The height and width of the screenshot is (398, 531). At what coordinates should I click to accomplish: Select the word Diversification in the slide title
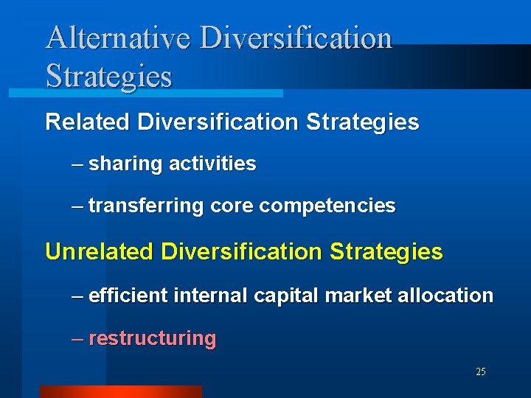tap(296, 38)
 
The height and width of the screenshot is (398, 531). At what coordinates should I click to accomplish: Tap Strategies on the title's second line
tap(108, 76)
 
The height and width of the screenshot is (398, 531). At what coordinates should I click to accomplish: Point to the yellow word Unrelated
tap(100, 252)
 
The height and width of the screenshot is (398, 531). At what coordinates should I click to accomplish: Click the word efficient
tap(128, 296)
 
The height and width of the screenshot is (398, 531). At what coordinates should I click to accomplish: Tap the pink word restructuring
tap(152, 338)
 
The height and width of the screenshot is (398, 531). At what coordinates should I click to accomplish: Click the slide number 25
tap(481, 372)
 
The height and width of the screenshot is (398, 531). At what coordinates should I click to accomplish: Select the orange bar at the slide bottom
tap(120, 391)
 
